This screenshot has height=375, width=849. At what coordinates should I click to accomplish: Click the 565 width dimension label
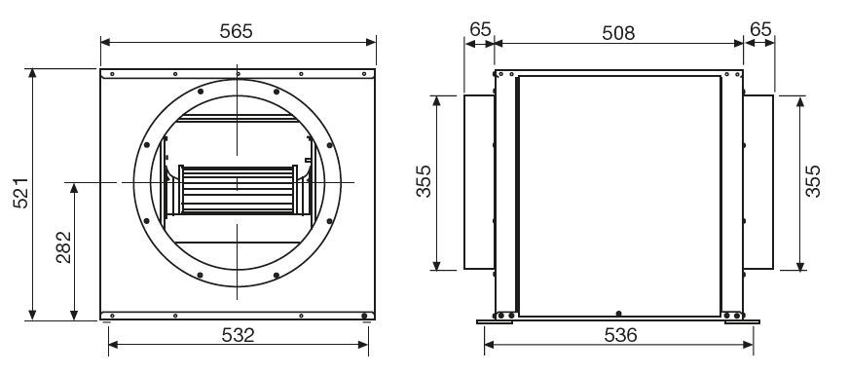tap(236, 31)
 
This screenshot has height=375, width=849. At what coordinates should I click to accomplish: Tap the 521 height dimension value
tap(21, 193)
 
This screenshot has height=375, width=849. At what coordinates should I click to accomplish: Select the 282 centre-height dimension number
tap(64, 247)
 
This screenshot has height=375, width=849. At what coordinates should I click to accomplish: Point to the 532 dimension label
tap(239, 335)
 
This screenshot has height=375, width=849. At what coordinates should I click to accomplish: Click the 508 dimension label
tap(618, 33)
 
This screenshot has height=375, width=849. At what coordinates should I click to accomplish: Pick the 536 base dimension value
tap(620, 335)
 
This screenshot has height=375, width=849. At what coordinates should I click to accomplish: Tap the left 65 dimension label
tap(480, 29)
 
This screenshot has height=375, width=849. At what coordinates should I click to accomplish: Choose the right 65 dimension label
tap(760, 29)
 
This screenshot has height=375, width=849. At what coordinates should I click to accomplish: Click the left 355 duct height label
tap(424, 181)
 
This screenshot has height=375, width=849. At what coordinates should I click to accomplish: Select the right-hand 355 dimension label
tap(813, 181)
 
